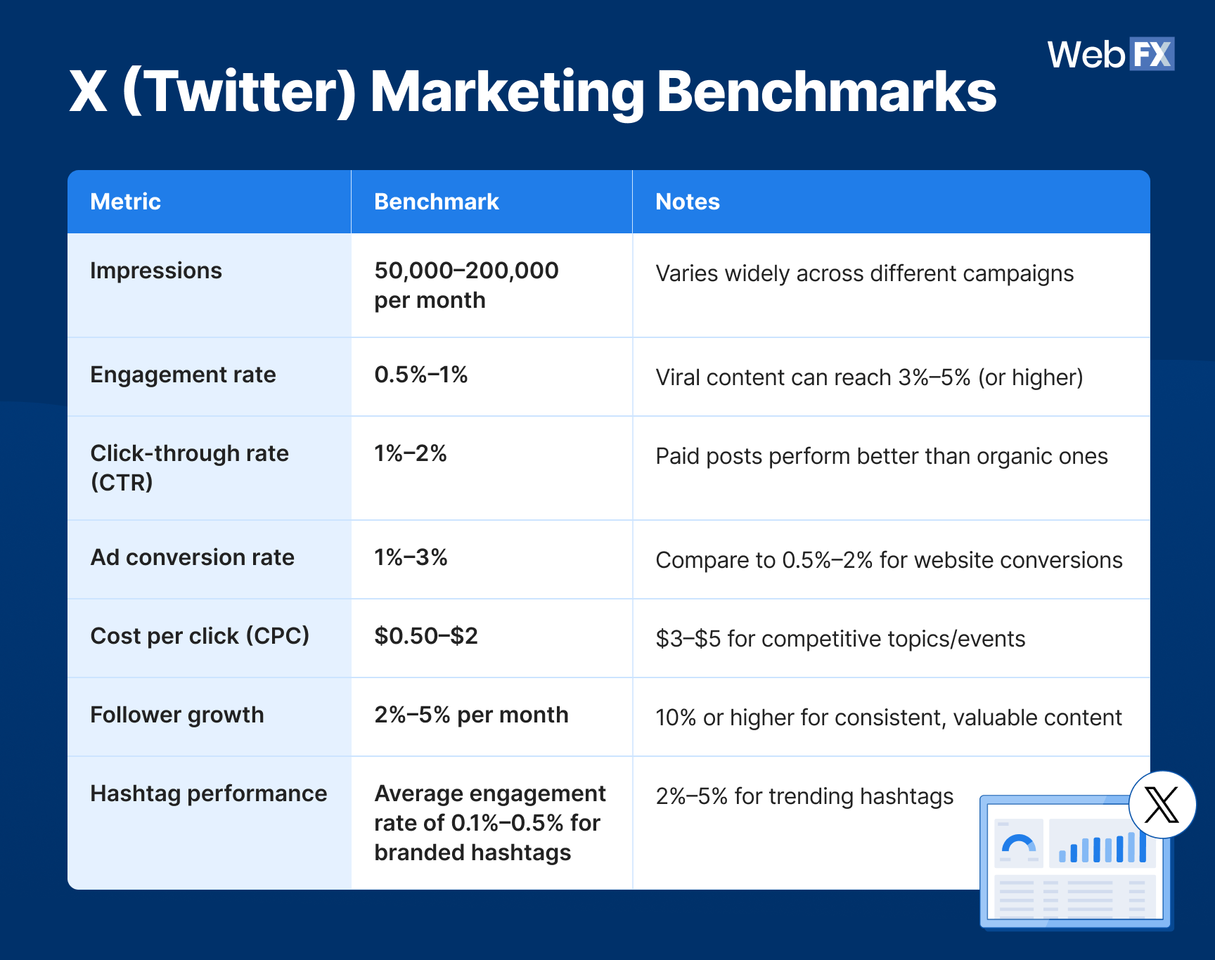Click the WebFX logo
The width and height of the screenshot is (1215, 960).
click(1110, 54)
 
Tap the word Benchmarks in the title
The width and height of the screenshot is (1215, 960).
click(826, 91)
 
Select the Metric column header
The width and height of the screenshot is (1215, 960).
click(126, 202)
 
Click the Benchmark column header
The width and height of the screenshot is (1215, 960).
click(436, 202)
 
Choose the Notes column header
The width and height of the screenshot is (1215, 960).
click(687, 202)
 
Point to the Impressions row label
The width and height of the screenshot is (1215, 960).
click(156, 271)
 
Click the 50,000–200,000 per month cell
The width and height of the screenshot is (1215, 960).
click(465, 285)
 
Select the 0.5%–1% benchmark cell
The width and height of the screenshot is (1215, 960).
click(420, 375)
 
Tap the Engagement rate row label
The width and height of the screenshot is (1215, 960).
click(183, 375)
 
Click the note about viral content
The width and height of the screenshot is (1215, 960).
click(868, 377)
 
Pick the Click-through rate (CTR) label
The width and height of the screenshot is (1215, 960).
click(189, 467)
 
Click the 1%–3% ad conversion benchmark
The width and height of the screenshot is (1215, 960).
click(411, 557)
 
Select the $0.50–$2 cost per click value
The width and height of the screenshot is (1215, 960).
click(425, 636)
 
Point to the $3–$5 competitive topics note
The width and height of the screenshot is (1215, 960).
click(840, 639)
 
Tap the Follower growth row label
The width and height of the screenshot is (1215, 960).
click(177, 715)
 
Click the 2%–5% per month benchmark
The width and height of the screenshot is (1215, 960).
click(471, 715)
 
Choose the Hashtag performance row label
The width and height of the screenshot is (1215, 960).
click(209, 793)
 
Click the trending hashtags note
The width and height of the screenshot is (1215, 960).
click(804, 796)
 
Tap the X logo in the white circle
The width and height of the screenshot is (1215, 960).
click(1162, 805)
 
